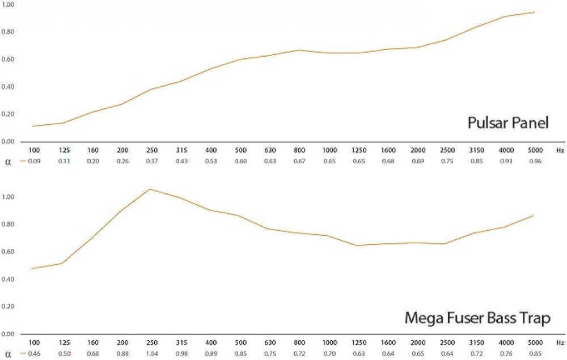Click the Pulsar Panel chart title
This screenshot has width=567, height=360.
507,123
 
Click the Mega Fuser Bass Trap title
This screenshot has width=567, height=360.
477,319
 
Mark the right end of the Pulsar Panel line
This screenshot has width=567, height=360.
535,12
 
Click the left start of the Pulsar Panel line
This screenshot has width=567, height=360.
33,126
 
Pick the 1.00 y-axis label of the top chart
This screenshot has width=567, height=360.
9,5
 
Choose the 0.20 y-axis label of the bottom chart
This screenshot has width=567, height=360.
9,307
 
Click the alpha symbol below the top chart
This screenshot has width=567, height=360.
8,162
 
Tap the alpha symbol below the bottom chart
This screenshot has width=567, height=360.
8,354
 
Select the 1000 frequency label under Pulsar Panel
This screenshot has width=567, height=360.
328,151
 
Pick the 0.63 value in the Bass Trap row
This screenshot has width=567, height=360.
358,354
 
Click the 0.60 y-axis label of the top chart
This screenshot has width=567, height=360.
9,60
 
